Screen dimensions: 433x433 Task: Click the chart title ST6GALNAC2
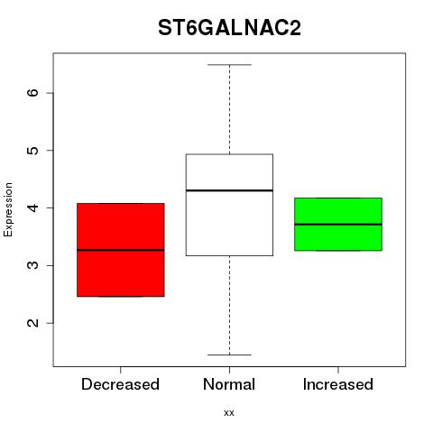[229, 28]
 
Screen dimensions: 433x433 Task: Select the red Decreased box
[121, 250]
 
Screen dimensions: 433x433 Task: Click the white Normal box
[229, 205]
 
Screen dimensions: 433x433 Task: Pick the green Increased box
[338, 224]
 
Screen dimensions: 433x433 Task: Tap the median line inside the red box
[121, 250]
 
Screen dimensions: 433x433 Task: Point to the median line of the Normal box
[229, 190]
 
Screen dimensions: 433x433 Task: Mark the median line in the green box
[338, 225]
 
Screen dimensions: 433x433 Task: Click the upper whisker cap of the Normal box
[229, 65]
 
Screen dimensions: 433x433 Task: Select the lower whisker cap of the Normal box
[229, 355]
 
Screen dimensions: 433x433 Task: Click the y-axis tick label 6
[33, 93]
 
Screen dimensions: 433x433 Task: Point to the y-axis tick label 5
[33, 150]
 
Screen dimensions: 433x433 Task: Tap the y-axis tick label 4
[33, 207]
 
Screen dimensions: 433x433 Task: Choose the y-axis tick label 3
[33, 265]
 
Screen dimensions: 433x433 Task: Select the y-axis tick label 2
[33, 323]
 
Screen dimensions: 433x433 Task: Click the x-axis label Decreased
[120, 384]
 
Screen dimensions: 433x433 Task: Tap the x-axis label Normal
[229, 384]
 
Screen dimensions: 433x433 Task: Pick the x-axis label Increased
[338, 384]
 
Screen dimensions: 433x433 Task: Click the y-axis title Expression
[8, 209]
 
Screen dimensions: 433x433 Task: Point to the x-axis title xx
[229, 413]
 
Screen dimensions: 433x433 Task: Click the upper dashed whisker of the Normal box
[230, 109]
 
